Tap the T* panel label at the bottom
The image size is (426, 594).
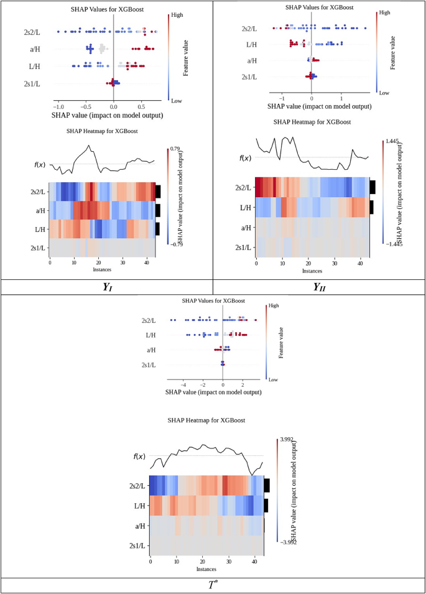click(212, 585)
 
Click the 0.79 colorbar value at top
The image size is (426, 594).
click(175, 149)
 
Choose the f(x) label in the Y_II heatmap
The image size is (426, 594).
click(246, 158)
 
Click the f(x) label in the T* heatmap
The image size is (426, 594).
click(140, 457)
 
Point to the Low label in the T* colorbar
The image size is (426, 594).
click(272, 379)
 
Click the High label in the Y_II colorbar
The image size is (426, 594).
click(384, 12)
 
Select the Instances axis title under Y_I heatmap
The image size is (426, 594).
click(102, 271)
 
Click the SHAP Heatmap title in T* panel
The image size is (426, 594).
click(206, 420)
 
